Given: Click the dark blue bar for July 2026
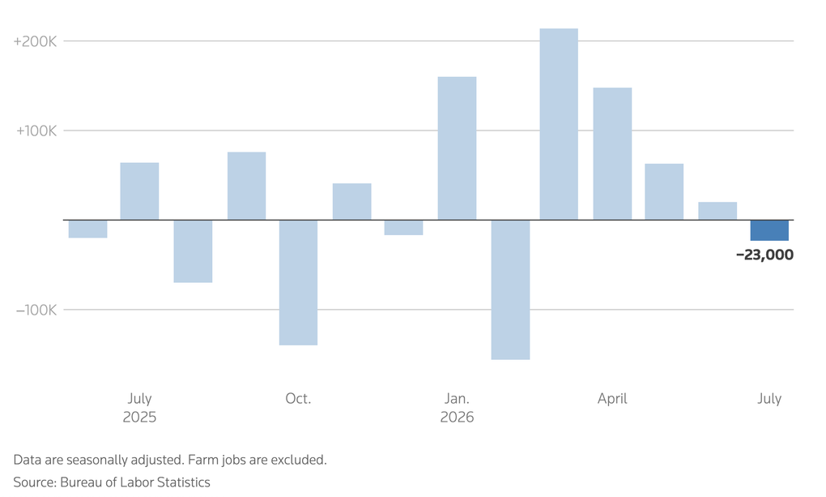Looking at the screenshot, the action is pyautogui.click(x=769, y=230).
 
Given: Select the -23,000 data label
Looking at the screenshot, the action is pyautogui.click(x=764, y=255).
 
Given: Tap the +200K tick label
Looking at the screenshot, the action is pyautogui.click(x=35, y=41).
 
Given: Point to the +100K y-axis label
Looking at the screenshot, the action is pyautogui.click(x=36, y=131).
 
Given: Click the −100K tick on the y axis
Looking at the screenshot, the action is pyautogui.click(x=36, y=310).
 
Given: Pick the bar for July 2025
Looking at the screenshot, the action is pyautogui.click(x=139, y=191).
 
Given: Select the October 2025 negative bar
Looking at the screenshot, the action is pyautogui.click(x=298, y=282).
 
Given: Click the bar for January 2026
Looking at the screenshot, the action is pyautogui.click(x=457, y=148).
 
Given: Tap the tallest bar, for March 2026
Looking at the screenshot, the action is pyautogui.click(x=559, y=124).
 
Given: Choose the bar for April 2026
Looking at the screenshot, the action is pyautogui.click(x=612, y=153).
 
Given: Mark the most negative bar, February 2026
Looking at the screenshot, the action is pyautogui.click(x=510, y=289).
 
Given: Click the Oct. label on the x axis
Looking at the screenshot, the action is pyautogui.click(x=298, y=398).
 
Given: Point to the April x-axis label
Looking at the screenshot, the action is pyautogui.click(x=612, y=399).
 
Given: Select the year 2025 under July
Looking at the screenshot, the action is pyautogui.click(x=139, y=418).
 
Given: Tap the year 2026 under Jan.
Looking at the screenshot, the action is pyautogui.click(x=457, y=418).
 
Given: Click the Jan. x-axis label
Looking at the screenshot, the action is pyautogui.click(x=457, y=398).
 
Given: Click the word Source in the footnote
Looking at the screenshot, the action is pyautogui.click(x=35, y=482).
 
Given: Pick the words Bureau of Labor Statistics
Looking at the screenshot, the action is pyautogui.click(x=135, y=482).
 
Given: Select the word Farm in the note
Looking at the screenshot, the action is pyautogui.click(x=200, y=460).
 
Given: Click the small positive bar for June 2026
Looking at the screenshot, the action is pyautogui.click(x=717, y=211).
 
